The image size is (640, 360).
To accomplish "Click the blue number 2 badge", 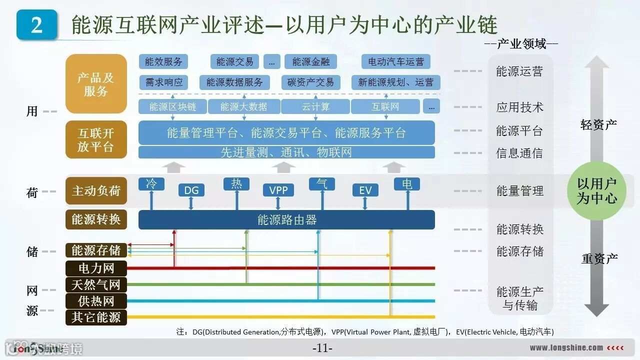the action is point(36,24).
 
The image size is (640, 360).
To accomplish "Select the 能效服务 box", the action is point(163,62).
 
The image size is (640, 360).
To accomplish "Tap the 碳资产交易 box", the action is point(311,82).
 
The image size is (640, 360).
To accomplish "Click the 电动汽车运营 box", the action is point(396,62).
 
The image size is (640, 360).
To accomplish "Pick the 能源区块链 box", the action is point(172,106).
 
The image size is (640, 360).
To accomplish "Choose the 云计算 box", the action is point(315,106).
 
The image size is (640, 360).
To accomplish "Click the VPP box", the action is point(278,190).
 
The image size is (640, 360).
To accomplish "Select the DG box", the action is point(191,190).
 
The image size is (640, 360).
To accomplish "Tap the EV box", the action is point(365,190).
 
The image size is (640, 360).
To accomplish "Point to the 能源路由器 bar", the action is point(286,220).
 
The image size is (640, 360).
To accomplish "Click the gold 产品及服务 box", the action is point(96,84).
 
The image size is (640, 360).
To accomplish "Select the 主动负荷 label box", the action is point(96,191).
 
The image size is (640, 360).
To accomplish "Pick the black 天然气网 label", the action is point(96,285).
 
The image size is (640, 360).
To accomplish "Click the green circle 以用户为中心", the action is point(597,191).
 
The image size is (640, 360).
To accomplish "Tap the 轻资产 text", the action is point(598,125).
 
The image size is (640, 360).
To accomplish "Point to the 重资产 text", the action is point(599,258).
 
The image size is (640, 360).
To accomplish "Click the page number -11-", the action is point(322,348).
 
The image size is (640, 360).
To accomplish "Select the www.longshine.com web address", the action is point(566,347).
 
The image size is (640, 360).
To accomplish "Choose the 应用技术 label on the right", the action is point(519,107).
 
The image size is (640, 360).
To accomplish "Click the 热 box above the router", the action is point(236,183).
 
